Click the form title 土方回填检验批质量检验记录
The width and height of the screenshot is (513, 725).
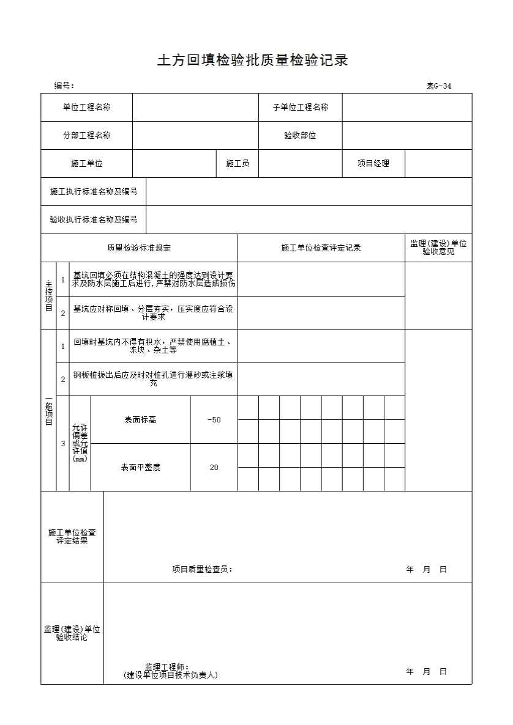252,61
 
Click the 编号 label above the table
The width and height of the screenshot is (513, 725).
64,86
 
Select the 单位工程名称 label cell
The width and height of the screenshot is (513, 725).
87,108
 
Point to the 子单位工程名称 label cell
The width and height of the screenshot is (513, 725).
300,108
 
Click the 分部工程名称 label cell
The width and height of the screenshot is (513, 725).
87,136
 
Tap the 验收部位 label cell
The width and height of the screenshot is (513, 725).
300,136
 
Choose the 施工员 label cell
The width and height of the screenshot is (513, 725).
238,164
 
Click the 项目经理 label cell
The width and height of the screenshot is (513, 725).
373,164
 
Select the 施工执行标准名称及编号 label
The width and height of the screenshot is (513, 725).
94,192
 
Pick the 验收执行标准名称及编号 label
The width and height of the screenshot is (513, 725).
94,220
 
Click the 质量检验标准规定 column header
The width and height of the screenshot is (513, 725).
139,248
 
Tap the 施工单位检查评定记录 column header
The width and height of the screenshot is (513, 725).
321,248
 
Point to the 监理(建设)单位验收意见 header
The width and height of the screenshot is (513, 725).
438,248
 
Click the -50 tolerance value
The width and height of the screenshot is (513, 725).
214,420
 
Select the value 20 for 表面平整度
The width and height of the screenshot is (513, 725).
214,468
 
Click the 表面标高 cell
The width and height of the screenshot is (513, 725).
140,420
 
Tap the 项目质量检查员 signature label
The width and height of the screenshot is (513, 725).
202,570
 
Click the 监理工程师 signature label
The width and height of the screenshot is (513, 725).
167,667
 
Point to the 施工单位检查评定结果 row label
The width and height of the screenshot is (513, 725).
72,537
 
